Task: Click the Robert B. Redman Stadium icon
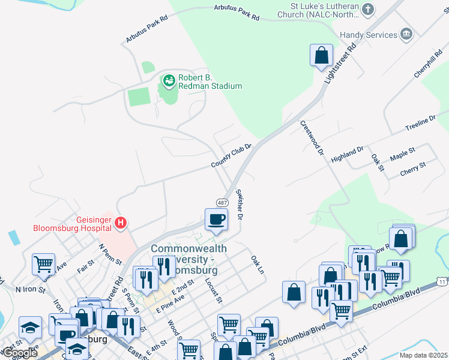click(x=169, y=79)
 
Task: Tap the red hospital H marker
click(x=121, y=223)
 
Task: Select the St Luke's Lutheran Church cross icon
click(x=369, y=9)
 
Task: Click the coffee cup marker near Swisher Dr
click(x=216, y=220)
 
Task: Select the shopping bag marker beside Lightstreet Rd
click(x=322, y=55)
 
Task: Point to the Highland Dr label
click(x=347, y=154)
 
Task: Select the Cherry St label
click(x=413, y=169)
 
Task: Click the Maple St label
click(x=402, y=154)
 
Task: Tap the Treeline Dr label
click(x=420, y=125)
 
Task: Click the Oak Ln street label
click(x=257, y=263)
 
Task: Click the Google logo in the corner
click(x=19, y=353)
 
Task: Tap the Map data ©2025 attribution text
click(x=415, y=355)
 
